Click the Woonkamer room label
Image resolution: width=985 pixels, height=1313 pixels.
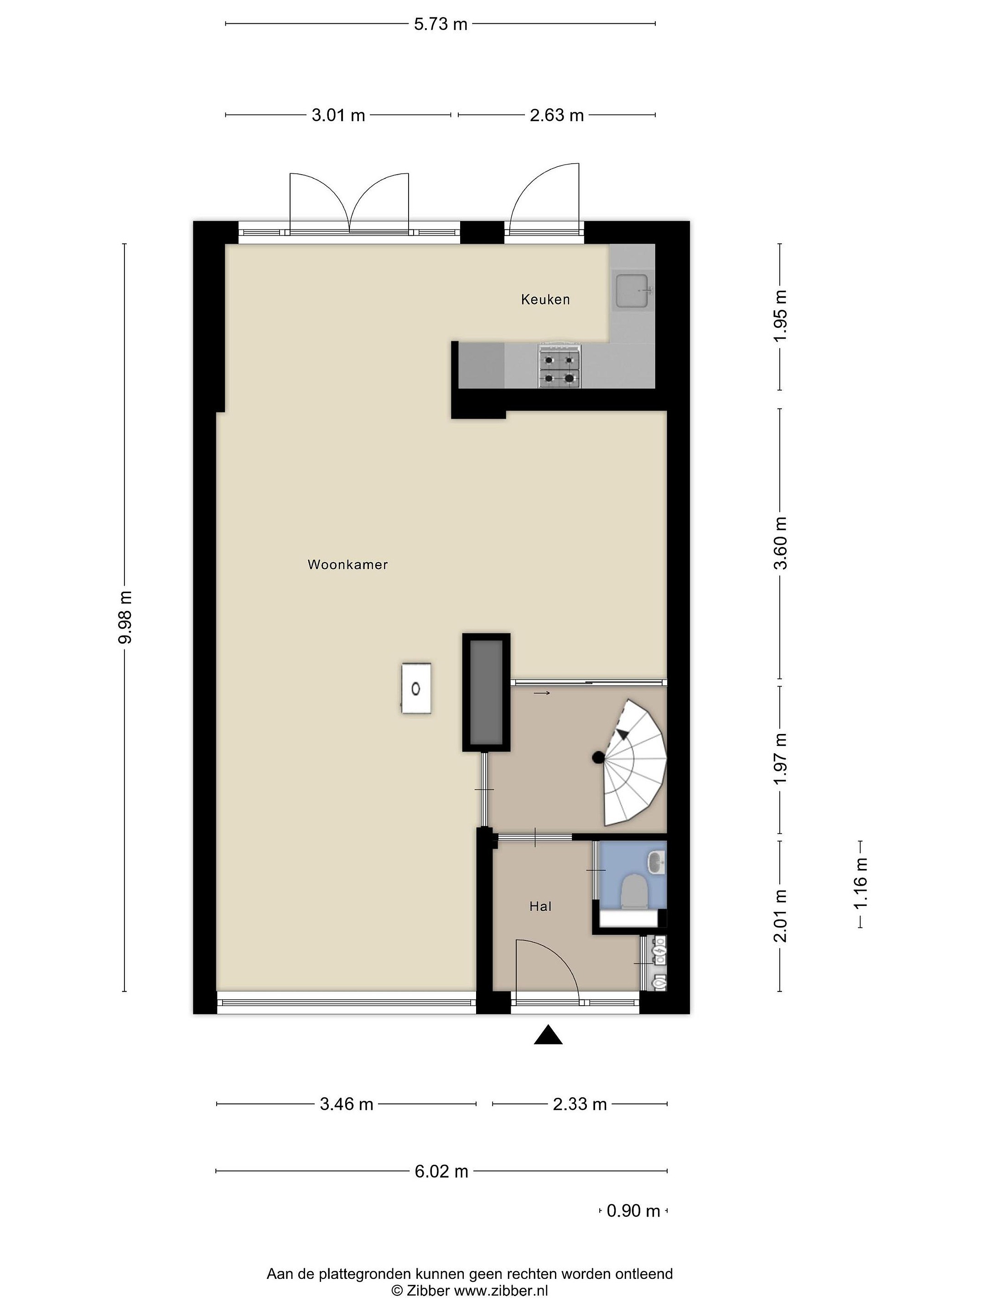click(347, 564)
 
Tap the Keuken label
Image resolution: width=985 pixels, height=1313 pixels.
click(545, 300)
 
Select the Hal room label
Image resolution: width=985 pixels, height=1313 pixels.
click(540, 906)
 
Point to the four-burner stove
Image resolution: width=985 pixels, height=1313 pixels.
click(559, 366)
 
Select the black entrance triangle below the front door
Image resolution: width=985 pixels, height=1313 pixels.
click(547, 1034)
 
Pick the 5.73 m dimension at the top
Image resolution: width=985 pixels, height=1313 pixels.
click(441, 24)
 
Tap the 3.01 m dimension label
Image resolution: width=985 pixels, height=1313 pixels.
click(338, 115)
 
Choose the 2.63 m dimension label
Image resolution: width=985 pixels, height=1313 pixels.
click(556, 115)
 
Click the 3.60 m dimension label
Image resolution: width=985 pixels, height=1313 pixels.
click(780, 543)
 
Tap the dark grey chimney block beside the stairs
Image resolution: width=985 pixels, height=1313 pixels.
click(486, 692)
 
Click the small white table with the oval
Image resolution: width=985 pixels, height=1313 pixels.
click(416, 688)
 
